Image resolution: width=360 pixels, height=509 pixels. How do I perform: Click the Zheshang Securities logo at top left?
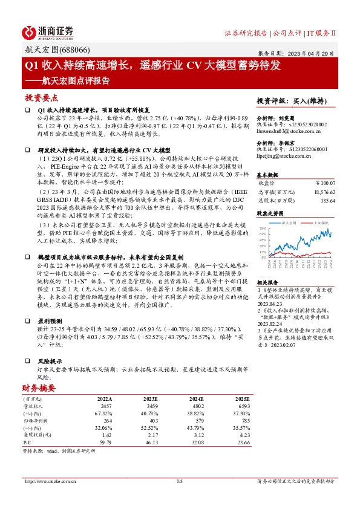point(48,31)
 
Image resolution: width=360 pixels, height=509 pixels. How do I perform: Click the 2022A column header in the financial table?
point(105,400)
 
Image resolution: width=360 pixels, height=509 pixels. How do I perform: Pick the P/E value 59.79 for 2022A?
point(105,442)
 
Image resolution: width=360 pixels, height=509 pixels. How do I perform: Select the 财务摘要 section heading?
point(39,388)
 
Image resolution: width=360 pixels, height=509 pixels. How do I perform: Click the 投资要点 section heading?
point(41,98)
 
